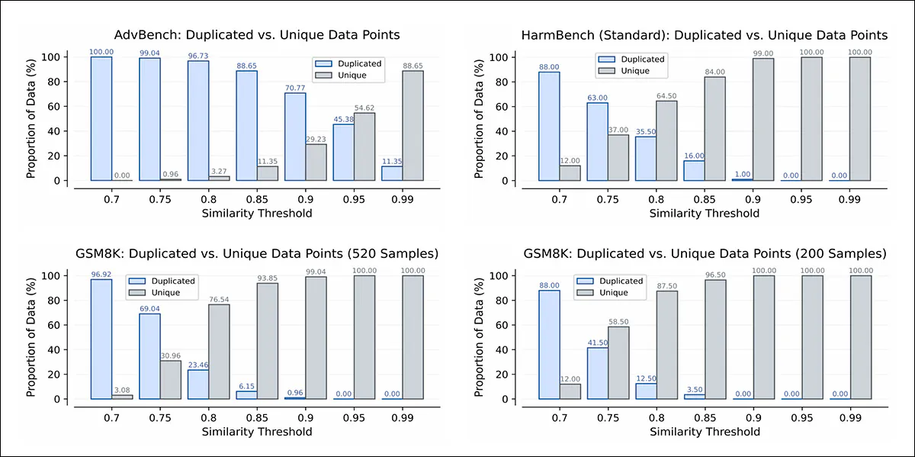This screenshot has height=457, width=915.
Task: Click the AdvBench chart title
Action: pos(257,35)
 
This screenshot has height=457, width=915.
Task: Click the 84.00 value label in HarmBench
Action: pos(715,72)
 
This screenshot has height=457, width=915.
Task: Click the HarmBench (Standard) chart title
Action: pos(704,35)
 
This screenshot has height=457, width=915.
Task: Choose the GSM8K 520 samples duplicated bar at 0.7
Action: pos(101,339)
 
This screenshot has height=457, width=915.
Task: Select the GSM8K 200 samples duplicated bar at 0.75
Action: pos(597,373)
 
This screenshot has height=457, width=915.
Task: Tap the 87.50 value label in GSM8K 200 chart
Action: pos(667,286)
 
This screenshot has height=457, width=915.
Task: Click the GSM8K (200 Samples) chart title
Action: pos(704,253)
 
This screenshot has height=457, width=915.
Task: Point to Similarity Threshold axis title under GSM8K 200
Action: pos(704,432)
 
